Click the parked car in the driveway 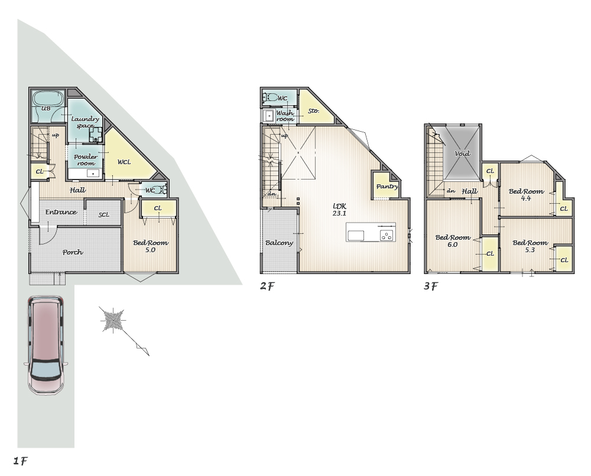coord(46,345)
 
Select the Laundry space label coord(85,122)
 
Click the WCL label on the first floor coord(124,162)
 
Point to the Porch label coord(73,252)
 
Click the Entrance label coord(61,212)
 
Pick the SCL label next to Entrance coord(103,214)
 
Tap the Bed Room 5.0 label coord(150,246)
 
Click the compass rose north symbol coord(113,319)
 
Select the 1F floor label coord(20,461)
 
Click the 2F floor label coord(267,286)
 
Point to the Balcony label coord(279,243)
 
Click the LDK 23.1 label coord(340,210)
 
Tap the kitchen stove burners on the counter coord(387,236)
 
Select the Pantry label coord(387,187)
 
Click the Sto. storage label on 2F coord(314,110)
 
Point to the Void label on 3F coord(462,154)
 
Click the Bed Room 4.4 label coord(526,195)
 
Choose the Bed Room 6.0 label coord(453,241)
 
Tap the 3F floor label coord(431,286)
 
